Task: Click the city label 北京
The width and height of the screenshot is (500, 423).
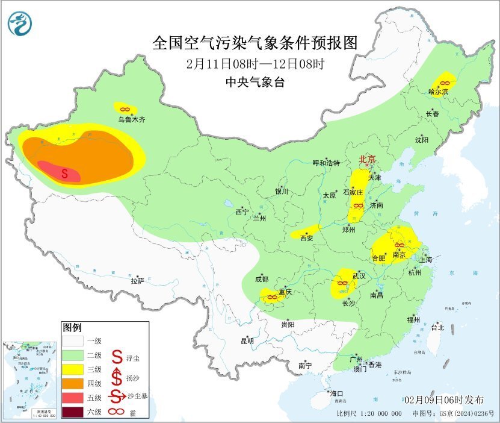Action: pos(367,160)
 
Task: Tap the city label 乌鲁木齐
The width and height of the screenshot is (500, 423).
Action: pos(131,119)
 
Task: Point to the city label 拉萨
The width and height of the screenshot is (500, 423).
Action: pos(137,281)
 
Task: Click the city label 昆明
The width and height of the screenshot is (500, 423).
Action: pos(247,341)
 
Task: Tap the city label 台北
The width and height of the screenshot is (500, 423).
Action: pos(437,328)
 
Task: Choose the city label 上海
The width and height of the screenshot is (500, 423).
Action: pos(426,260)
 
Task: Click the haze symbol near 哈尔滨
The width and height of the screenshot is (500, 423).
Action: pos(445,82)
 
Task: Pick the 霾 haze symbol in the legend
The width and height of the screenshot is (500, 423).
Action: pos(117,412)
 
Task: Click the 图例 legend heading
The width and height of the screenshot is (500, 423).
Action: pos(72,328)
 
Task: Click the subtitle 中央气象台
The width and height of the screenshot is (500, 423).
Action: pos(255,82)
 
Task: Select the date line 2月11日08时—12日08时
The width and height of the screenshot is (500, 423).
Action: pos(255,63)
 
